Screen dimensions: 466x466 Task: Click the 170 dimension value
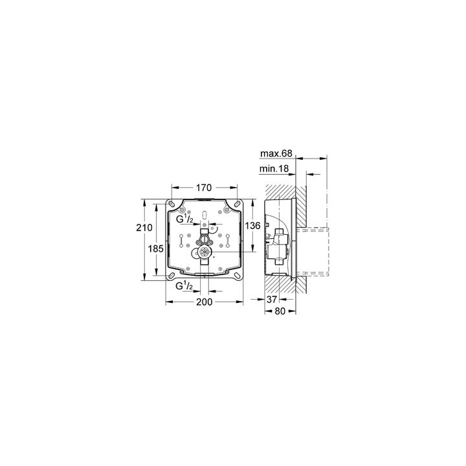pos(204,188)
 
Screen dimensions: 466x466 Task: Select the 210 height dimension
pos(144,228)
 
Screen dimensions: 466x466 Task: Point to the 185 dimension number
pos(156,249)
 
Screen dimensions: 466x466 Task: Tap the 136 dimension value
pos(252,226)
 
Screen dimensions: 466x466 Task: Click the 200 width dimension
pos(205,302)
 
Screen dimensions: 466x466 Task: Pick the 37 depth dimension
pos(271,299)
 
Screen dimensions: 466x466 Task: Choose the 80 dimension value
pos(280,311)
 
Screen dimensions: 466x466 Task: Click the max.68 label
pos(276,153)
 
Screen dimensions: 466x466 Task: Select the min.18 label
pos(274,169)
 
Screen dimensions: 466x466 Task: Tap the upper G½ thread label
pos(184,219)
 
